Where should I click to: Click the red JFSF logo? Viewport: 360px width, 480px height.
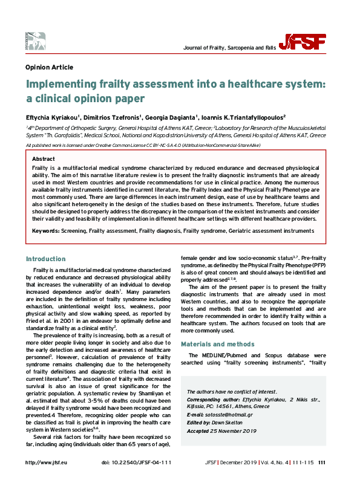pyautogui.click(x=308, y=41)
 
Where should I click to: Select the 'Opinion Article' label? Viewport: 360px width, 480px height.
pyautogui.click(x=50, y=67)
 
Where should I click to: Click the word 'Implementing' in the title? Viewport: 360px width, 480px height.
pyautogui.click(x=64, y=85)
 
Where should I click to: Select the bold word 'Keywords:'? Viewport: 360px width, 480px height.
pyautogui.click(x=45, y=231)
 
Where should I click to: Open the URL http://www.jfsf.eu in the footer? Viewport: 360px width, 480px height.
pyautogui.click(x=45, y=462)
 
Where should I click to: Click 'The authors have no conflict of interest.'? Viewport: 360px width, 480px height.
pyautogui.click(x=223, y=392)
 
